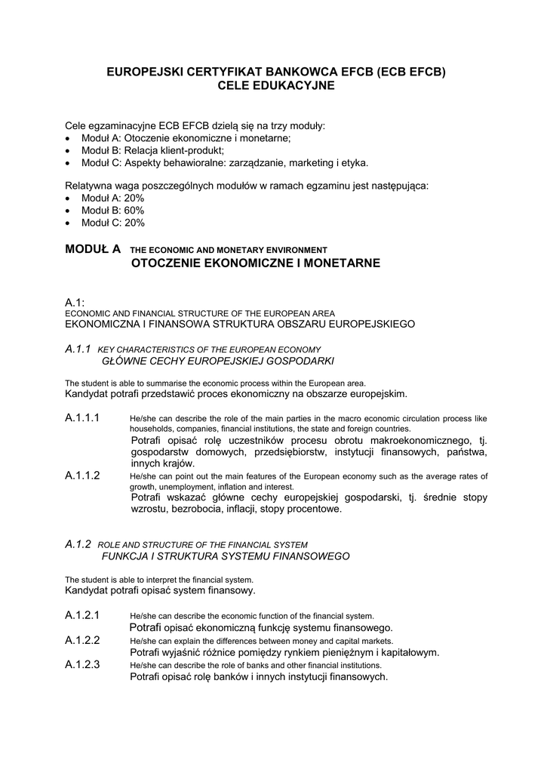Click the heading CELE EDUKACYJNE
pyautogui.click(x=275, y=87)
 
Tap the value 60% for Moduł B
pyautogui.click(x=135, y=210)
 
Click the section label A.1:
pyautogui.click(x=74, y=302)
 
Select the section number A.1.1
pyautogui.click(x=78, y=349)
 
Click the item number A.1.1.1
pyautogui.click(x=82, y=418)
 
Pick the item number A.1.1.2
pyautogui.click(x=82, y=476)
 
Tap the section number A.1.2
pyautogui.click(x=78, y=544)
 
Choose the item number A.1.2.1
pyautogui.click(x=82, y=614)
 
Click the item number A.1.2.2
pyautogui.click(x=82, y=639)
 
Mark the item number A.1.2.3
pyautogui.click(x=82, y=664)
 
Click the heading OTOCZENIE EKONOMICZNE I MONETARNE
pyautogui.click(x=256, y=263)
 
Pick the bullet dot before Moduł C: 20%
pyautogui.click(x=69, y=223)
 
